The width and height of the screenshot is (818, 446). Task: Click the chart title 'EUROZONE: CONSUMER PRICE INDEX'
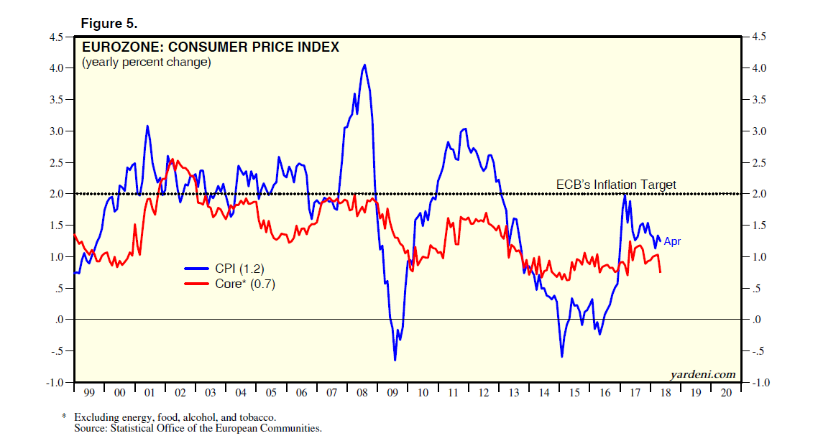pyautogui.click(x=210, y=47)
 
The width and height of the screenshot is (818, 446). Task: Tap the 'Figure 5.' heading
pyautogui.click(x=109, y=24)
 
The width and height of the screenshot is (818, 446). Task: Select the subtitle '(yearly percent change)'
pyautogui.click(x=146, y=62)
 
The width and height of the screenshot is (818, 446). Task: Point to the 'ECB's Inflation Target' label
pyautogui.click(x=616, y=185)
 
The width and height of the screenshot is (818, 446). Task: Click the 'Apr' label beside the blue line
pyautogui.click(x=671, y=241)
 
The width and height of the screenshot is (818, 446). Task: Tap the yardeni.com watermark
pyautogui.click(x=702, y=374)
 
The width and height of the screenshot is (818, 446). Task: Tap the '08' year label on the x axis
pyautogui.click(x=362, y=394)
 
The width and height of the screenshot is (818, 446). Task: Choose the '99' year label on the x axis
pyautogui.click(x=89, y=394)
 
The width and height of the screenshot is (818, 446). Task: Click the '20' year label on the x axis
pyautogui.click(x=726, y=394)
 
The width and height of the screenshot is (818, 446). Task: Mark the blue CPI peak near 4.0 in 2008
pyautogui.click(x=364, y=65)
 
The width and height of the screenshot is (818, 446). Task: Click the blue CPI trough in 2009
pyautogui.click(x=395, y=359)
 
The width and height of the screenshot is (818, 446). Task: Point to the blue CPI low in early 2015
pyautogui.click(x=561, y=356)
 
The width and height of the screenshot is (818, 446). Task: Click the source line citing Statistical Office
pyautogui.click(x=198, y=428)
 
